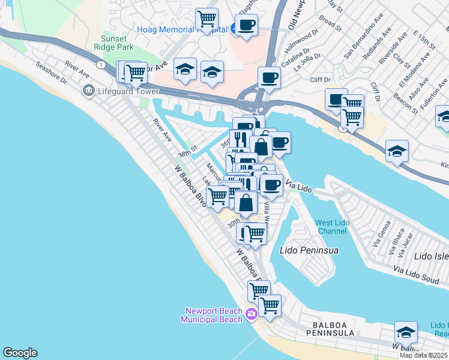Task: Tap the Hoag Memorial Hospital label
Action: pyautogui.click(x=181, y=29)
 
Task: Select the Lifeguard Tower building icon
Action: pyautogui.click(x=89, y=91)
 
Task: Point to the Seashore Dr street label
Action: pyautogui.click(x=50, y=72)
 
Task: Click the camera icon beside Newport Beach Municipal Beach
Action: pyautogui.click(x=251, y=314)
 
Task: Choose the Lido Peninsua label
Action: pyautogui.click(x=309, y=249)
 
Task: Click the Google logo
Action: pyautogui.click(x=20, y=353)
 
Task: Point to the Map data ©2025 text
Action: pyautogui.click(x=424, y=355)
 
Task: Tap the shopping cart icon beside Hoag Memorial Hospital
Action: pyautogui.click(x=206, y=19)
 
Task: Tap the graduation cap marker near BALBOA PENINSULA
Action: pyautogui.click(x=406, y=332)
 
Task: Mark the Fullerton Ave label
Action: pyautogui.click(x=433, y=96)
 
